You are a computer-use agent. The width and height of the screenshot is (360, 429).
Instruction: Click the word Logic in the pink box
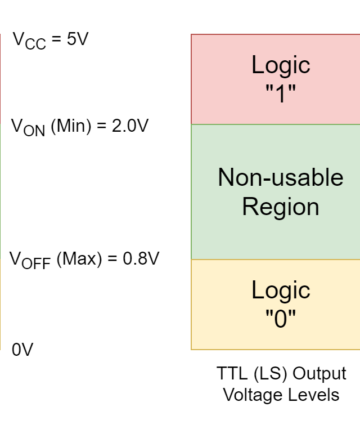[281, 65]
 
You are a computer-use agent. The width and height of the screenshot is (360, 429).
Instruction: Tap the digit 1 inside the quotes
[280, 93]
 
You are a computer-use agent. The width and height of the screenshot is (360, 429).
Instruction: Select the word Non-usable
[280, 178]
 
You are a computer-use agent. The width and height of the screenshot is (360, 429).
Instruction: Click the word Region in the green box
[281, 207]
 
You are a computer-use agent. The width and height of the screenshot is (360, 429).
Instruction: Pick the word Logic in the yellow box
[281, 291]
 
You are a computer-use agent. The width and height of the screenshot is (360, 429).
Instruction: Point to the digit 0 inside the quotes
[281, 319]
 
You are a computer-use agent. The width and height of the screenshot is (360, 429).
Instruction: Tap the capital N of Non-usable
[226, 178]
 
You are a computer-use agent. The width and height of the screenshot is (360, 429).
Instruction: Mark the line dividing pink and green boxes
[276, 124]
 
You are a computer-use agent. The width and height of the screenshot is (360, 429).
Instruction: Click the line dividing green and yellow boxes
[276, 260]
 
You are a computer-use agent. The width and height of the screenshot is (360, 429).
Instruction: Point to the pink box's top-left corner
[191, 34]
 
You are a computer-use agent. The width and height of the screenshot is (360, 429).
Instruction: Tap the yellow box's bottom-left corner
[191, 349]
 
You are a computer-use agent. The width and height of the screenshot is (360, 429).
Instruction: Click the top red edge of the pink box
[276, 34]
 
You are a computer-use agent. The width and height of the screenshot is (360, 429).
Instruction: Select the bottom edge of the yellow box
[276, 349]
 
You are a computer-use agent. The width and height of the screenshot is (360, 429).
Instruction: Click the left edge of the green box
[191, 191]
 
